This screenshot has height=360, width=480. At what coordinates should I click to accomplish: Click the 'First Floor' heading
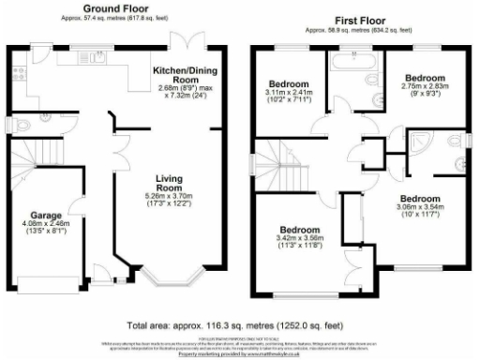[x=360, y=18]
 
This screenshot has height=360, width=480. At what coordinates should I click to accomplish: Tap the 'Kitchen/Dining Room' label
[x=186, y=71]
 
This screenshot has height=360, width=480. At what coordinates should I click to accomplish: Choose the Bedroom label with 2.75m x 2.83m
[x=420, y=77]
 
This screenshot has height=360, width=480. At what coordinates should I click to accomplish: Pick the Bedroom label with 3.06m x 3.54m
[x=419, y=199]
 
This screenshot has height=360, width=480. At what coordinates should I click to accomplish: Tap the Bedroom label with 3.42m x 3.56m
[x=300, y=230]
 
